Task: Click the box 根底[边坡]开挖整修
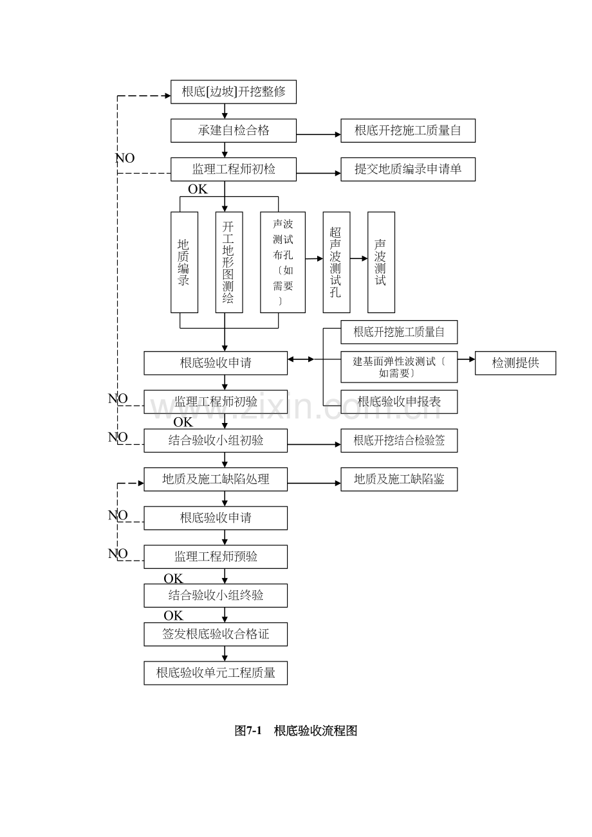(234, 91)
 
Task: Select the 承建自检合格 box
(234, 130)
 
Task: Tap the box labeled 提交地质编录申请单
(407, 169)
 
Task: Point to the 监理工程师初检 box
(234, 169)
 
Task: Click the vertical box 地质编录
(184, 262)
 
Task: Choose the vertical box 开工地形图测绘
(229, 262)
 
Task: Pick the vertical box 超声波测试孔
(336, 262)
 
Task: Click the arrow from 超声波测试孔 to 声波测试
(359, 258)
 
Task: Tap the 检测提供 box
(515, 363)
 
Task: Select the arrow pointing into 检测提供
(466, 359)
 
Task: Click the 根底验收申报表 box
(399, 402)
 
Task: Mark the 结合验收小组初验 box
(216, 440)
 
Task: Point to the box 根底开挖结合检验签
(399, 440)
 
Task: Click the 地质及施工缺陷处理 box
(216, 480)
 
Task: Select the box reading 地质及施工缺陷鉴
(399, 480)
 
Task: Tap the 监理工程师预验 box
(216, 557)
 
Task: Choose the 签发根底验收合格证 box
(216, 634)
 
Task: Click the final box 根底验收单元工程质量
(216, 673)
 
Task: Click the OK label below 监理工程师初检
(198, 190)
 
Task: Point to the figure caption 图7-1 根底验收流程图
(296, 730)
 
